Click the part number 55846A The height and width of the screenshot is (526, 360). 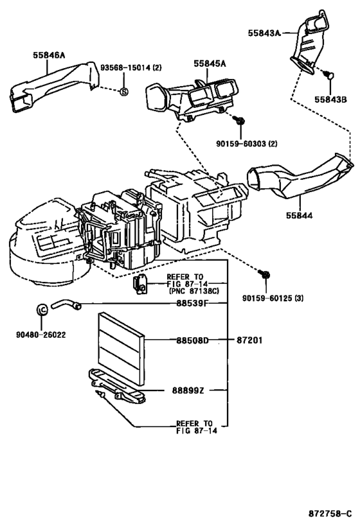pos(49,55)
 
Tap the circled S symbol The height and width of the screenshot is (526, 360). pos(124,91)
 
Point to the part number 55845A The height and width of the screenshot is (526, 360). pos(210,64)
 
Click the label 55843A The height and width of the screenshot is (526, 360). pos(264,33)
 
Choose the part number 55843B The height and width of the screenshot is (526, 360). pos(330,100)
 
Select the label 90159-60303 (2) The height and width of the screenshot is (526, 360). pos(247,144)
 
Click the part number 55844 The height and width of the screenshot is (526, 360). pos(299,215)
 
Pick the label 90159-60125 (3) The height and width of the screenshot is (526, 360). pos(273,298)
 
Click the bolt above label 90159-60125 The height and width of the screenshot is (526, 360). pos(264,274)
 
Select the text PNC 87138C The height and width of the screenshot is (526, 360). pos(194,291)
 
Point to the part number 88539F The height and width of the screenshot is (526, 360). pos(192,303)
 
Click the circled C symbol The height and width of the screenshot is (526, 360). pos(42,310)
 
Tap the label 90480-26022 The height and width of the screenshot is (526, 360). pos(41,335)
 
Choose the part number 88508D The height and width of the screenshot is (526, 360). pos(192,340)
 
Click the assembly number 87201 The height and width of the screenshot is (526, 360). pos(249,340)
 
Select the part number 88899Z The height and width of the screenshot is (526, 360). pos(188,391)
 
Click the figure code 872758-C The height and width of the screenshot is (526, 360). pos(330,514)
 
